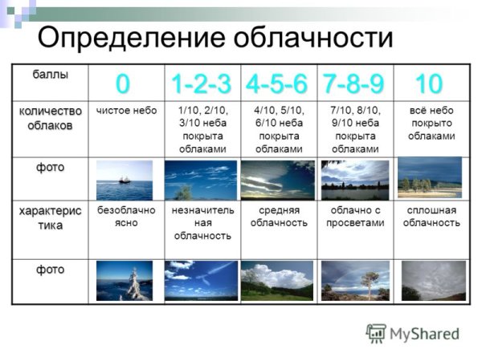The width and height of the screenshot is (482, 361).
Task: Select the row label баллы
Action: [50, 75]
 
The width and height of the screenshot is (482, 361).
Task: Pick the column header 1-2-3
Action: [201, 82]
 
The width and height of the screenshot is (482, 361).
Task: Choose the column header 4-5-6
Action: [277, 82]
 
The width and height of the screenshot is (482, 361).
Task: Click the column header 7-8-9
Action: [354, 82]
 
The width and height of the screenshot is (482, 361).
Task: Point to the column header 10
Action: [427, 82]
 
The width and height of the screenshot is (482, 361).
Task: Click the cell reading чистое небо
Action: [126, 110]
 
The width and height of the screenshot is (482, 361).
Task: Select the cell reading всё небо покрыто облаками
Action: [431, 123]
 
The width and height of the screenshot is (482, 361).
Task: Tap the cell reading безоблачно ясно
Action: [124, 217]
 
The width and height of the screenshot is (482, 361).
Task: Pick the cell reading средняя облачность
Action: [278, 217]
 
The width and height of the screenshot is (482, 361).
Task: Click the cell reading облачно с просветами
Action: [354, 217]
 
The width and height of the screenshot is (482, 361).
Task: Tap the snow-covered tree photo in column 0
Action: [125, 280]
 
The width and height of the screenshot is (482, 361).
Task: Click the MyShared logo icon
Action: [375, 333]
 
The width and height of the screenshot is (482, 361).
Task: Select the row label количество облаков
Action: [50, 116]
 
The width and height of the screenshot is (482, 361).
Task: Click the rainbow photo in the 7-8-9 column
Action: [354, 280]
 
